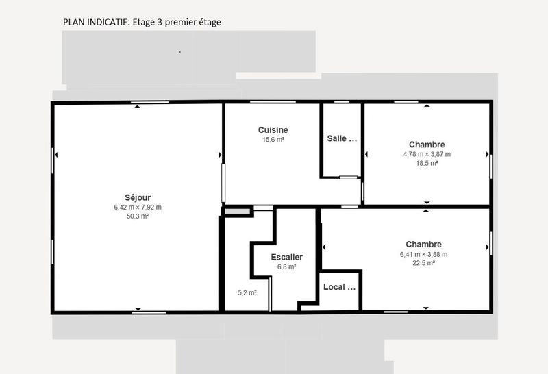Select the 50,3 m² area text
138,216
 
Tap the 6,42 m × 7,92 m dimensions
138,207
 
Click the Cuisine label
273,130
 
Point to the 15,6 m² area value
273,140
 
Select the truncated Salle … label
342,138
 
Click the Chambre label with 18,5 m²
427,145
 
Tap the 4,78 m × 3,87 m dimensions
427,154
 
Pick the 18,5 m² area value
427,163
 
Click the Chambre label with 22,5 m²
423,245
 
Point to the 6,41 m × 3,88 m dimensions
423,254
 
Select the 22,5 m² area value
423,263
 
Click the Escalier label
286,258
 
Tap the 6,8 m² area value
286,267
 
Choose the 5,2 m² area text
247,293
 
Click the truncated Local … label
339,287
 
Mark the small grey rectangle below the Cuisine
237,211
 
